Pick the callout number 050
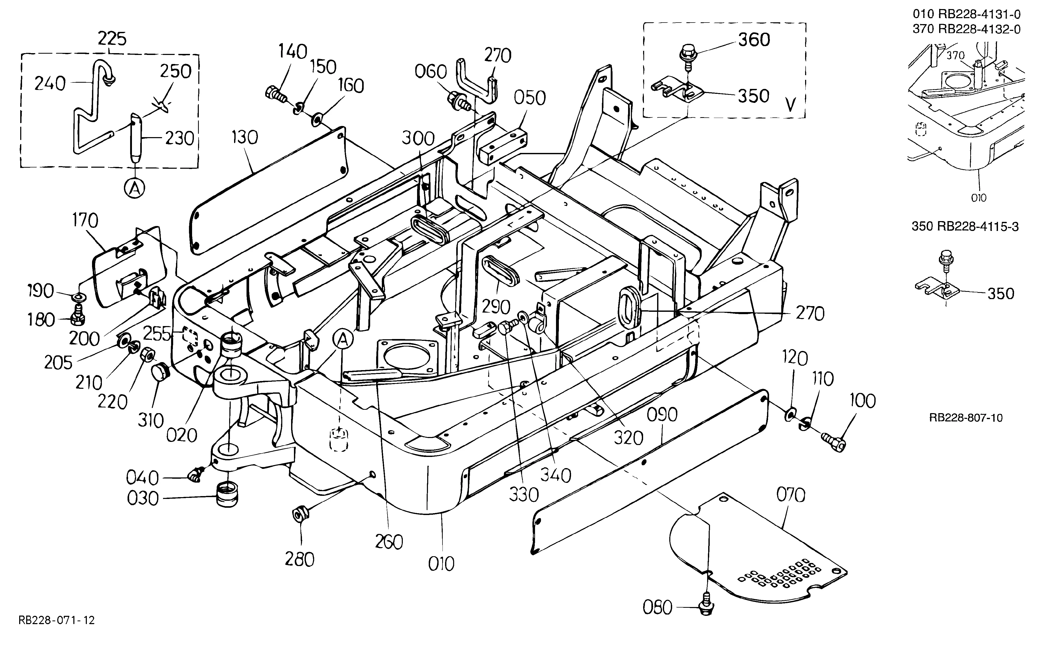point(530,98)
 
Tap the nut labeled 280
point(299,513)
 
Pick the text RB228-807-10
point(966,418)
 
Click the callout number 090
point(662,415)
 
